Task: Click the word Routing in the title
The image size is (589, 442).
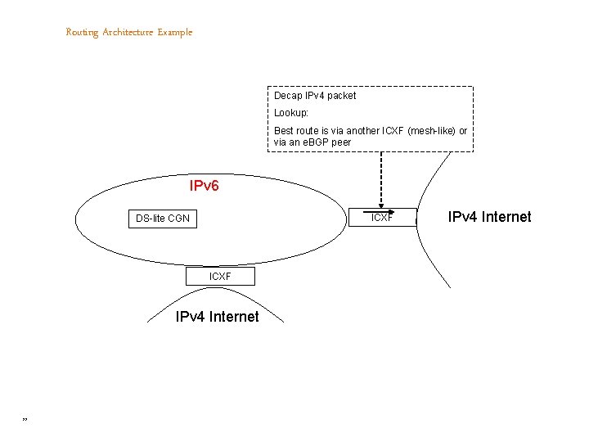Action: click(x=82, y=33)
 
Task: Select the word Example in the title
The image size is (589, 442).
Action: click(x=175, y=33)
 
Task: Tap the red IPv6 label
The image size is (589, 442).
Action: click(x=204, y=187)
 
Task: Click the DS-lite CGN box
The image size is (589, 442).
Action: click(x=163, y=219)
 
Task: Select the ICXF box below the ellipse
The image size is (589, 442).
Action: click(x=220, y=277)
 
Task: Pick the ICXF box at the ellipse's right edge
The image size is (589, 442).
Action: click(x=381, y=218)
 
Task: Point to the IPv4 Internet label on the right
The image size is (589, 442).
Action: click(x=489, y=217)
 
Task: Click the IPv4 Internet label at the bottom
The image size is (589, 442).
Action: click(x=218, y=317)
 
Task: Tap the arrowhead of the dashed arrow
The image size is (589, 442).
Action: click(x=381, y=207)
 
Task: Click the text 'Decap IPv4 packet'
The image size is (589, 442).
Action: click(x=315, y=96)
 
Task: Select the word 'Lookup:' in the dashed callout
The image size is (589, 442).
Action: click(x=291, y=113)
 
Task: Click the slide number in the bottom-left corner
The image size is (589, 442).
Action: click(x=25, y=420)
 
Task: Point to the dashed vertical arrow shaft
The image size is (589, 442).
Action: click(x=381, y=176)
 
